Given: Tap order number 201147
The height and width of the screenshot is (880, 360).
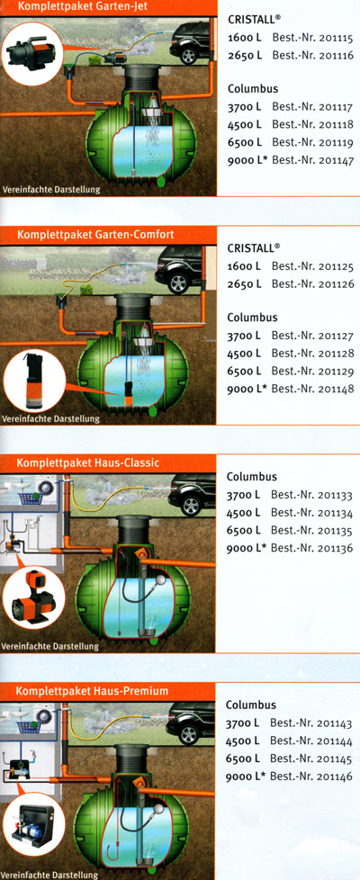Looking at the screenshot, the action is coord(336,160).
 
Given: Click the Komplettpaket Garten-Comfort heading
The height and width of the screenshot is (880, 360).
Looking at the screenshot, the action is coord(95,234).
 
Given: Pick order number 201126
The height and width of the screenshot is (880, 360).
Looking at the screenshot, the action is coord(336,283).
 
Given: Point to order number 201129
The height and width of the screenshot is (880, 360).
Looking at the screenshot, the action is coord(336,371).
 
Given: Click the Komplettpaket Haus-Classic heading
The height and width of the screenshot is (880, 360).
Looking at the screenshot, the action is coord(88,463).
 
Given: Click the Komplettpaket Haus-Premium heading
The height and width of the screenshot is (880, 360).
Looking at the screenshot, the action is coord(92,691).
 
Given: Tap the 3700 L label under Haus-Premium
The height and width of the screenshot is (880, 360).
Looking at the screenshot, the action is coord(243,723).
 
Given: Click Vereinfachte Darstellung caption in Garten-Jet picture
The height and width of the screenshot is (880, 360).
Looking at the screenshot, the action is coord(52,189).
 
